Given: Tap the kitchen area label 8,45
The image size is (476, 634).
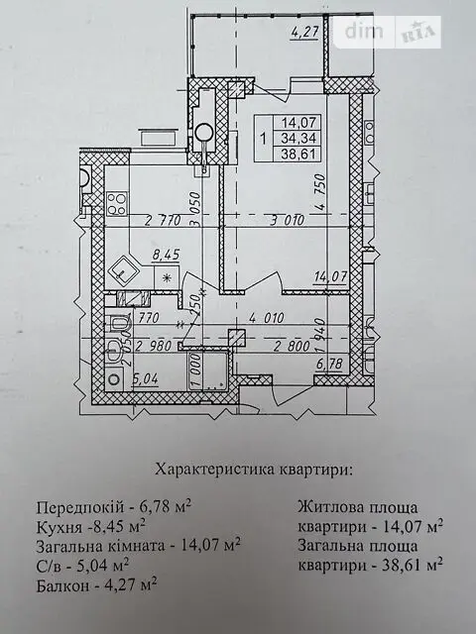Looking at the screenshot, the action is [166, 256].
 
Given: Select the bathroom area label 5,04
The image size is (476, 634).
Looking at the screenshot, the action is [145, 379].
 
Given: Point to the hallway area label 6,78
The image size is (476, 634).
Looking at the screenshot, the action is [330, 365].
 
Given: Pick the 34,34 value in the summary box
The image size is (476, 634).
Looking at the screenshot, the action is [298, 139].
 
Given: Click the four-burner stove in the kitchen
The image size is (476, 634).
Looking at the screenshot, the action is [117, 204].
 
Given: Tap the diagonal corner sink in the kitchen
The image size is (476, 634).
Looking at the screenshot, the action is [123, 271].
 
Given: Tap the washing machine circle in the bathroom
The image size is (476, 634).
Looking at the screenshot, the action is [115, 379].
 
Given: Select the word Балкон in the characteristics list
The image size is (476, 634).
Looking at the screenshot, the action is [62, 585].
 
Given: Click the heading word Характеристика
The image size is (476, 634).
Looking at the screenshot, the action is [214, 470].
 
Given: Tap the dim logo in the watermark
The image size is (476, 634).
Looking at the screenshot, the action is [363, 31].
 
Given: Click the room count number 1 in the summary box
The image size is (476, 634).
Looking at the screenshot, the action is [264, 139].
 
